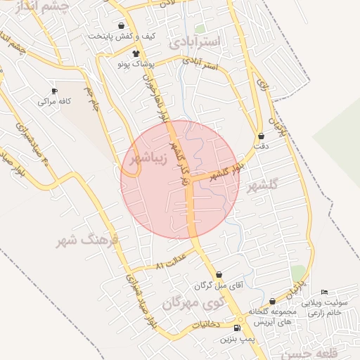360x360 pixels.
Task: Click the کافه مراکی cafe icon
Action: coord(54,91)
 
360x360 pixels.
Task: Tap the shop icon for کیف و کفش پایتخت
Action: coord(122,25)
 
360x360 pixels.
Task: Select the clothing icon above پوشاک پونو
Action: coord(136,53)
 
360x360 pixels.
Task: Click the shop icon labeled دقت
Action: coord(262,136)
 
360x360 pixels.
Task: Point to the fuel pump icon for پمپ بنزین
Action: coord(236,328)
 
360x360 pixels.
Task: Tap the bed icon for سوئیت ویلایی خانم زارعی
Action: coord(324,292)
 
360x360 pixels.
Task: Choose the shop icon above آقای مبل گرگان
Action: coord(219,275)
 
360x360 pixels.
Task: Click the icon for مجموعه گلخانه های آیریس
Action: coord(273,301)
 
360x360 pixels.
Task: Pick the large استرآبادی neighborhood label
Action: coord(195,41)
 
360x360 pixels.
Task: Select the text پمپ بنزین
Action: coord(236,339)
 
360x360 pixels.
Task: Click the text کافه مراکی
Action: coord(54,102)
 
